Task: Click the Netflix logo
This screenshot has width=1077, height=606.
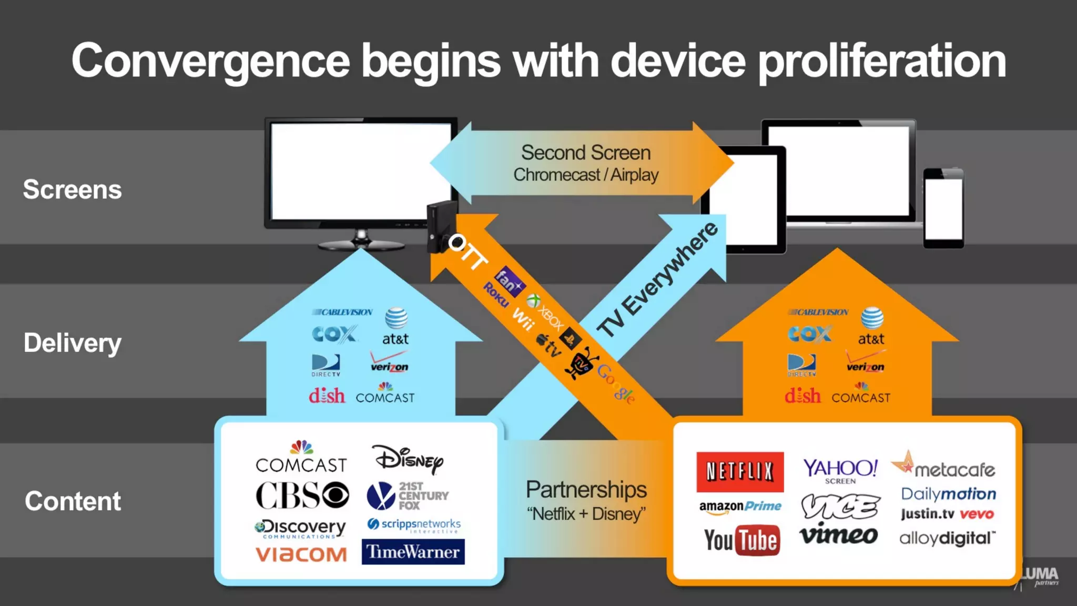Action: coord(739,472)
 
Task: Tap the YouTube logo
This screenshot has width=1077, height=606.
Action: coord(741,540)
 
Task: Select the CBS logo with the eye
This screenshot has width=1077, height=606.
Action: coord(302,495)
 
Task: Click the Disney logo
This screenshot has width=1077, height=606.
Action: coord(408,459)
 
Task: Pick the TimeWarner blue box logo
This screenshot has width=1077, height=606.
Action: coord(413,552)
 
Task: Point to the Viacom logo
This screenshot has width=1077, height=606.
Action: coord(301,554)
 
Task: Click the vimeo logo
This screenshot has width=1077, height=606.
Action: coord(838,535)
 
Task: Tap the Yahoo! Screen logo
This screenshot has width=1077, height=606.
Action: coord(840,470)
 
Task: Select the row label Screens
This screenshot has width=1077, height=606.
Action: coord(72,189)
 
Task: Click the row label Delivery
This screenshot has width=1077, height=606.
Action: coord(72,343)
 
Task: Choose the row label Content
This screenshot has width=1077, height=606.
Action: coord(73,501)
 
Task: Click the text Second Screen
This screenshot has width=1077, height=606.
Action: coord(585,153)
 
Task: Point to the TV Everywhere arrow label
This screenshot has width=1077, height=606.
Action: coord(658,279)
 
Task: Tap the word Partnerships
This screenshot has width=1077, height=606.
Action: coord(586,490)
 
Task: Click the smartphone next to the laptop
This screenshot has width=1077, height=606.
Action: coord(943,208)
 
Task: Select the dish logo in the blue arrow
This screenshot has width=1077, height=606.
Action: coord(327,396)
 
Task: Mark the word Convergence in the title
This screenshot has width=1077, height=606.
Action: coord(210,60)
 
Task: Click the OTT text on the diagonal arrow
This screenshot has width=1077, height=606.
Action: coord(468,252)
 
